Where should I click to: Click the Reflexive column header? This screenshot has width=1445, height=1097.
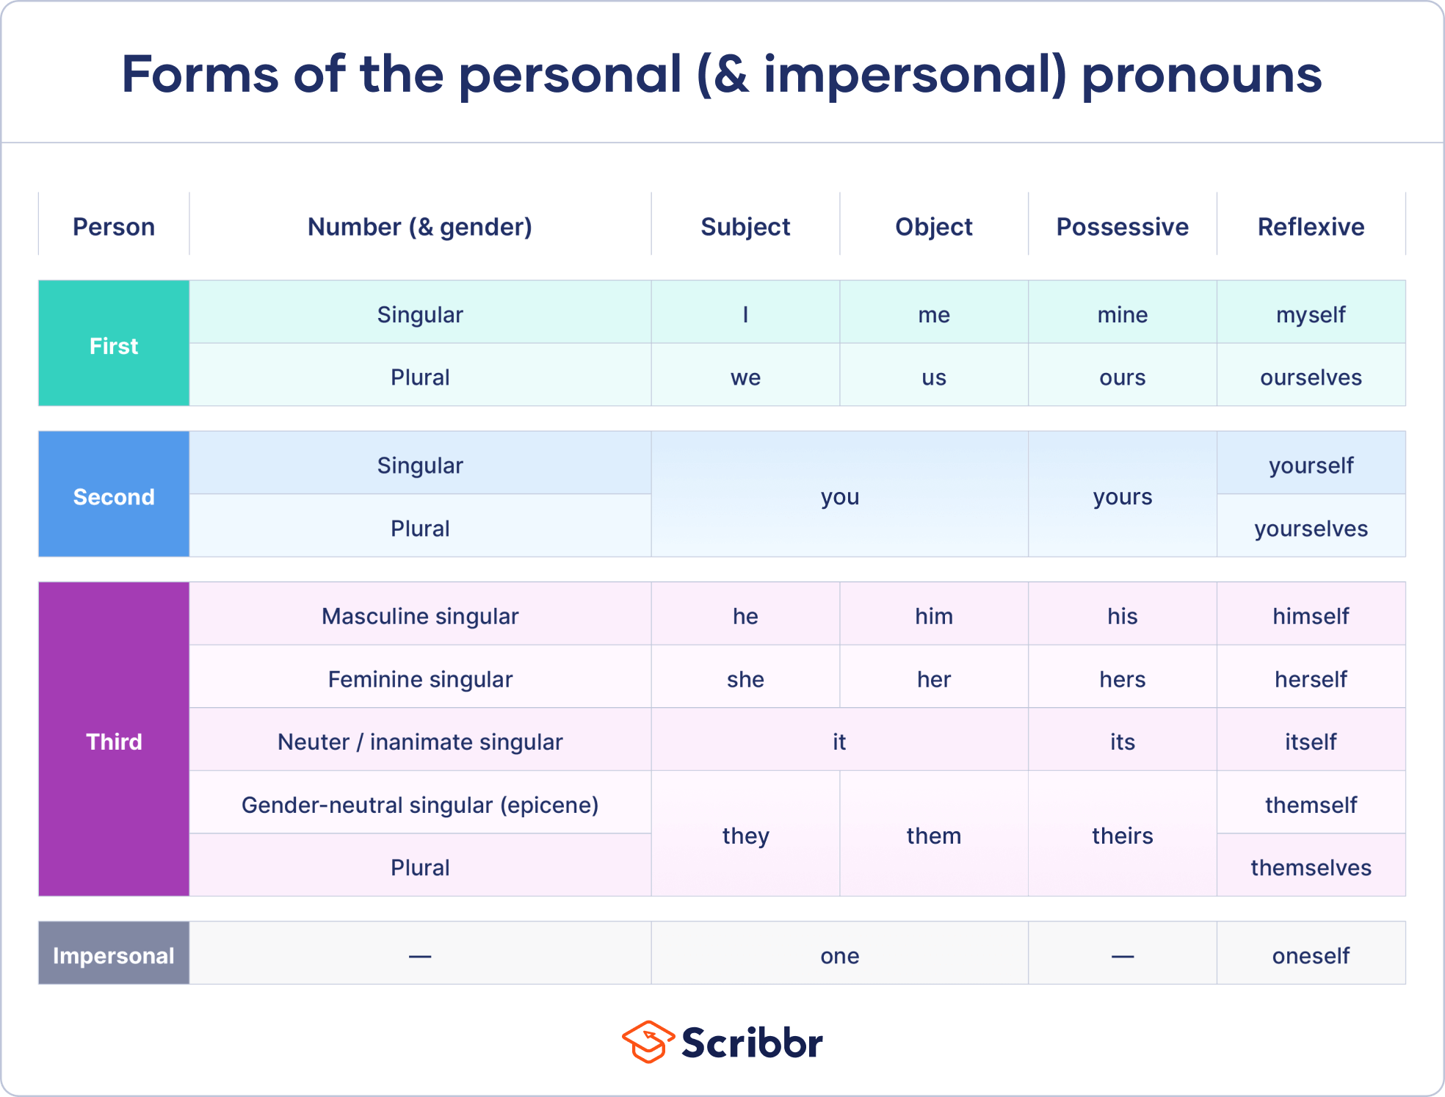pyautogui.click(x=1311, y=227)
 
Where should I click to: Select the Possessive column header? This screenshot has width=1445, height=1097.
pyautogui.click(x=1122, y=227)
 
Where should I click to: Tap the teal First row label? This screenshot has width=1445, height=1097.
pyautogui.click(x=114, y=346)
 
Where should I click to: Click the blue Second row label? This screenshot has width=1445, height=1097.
pyautogui.click(x=114, y=497)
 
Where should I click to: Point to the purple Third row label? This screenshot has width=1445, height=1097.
pyautogui.click(x=114, y=742)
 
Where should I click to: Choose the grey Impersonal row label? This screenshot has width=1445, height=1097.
pyautogui.click(x=114, y=955)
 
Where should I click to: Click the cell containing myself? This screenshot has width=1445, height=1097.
pyautogui.click(x=1311, y=315)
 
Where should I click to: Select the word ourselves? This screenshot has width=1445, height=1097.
pyautogui.click(x=1311, y=377)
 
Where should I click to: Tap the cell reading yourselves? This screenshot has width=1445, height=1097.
pyautogui.click(x=1311, y=529)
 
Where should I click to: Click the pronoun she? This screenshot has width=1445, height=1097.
pyautogui.click(x=745, y=679)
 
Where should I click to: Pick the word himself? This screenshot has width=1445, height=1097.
pyautogui.click(x=1311, y=616)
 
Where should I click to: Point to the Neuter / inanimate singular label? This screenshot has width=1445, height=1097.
pyautogui.click(x=420, y=742)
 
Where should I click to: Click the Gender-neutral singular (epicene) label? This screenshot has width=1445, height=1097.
pyautogui.click(x=420, y=805)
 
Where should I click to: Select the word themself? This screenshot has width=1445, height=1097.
pyautogui.click(x=1311, y=805)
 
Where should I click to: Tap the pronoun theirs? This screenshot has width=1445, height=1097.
pyautogui.click(x=1122, y=836)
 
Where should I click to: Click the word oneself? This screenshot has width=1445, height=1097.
pyautogui.click(x=1311, y=955)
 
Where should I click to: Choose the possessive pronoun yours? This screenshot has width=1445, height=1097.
pyautogui.click(x=1122, y=497)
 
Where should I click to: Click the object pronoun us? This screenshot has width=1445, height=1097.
pyautogui.click(x=933, y=377)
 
